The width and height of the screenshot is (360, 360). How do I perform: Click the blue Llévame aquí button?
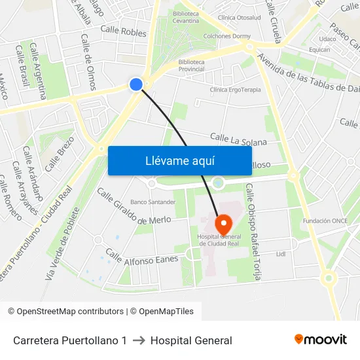[x=179, y=160]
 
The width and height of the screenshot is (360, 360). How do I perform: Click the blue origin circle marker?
[x=136, y=84]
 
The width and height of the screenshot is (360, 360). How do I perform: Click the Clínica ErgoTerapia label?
[x=235, y=90]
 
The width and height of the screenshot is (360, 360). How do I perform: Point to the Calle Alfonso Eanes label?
[x=141, y=257]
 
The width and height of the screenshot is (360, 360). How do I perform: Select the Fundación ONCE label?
[x=325, y=221]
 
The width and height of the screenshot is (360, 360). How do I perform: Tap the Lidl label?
[x=281, y=253]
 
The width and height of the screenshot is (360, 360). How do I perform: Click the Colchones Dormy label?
[x=227, y=37]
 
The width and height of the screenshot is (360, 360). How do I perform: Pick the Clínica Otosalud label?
[x=239, y=18]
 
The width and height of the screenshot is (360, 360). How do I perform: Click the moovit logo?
[x=321, y=340]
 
